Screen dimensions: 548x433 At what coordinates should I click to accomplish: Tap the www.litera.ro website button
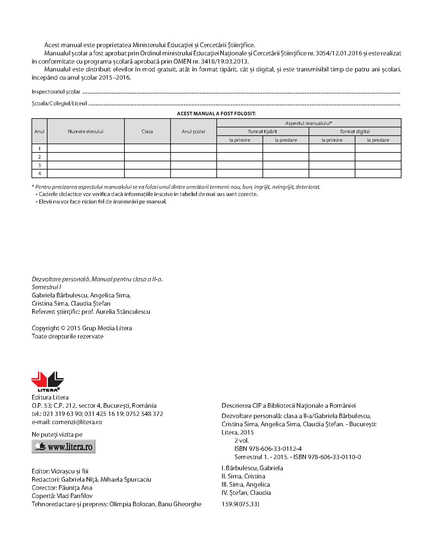point(64,446)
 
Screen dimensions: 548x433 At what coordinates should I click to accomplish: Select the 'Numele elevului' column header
point(85,131)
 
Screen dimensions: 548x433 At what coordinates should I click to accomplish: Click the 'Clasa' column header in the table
point(147,131)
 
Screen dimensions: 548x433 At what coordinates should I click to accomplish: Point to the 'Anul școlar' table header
point(193,131)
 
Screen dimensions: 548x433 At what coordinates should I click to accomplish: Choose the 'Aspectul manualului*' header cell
point(309,123)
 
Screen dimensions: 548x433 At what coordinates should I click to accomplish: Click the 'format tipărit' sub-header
point(262,131)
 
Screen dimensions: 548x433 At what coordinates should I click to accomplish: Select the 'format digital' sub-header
point(355,131)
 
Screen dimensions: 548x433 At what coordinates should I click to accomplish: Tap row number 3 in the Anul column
point(39,165)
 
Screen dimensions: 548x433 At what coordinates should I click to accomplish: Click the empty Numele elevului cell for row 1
point(85,149)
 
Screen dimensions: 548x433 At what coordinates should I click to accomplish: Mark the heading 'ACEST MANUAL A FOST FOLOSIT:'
point(216,114)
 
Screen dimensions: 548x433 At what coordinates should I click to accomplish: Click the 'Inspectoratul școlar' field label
point(56,92)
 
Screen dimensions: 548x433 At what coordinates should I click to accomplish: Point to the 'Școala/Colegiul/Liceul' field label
point(59,104)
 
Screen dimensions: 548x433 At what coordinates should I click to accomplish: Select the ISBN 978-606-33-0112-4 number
point(268,449)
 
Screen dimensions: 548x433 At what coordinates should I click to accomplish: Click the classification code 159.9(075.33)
point(240,504)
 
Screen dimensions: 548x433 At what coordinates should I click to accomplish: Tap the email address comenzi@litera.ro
point(77,422)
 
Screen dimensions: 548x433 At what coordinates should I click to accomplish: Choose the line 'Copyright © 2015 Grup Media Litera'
point(82,328)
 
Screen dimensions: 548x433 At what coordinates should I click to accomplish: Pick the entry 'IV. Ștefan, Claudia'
point(246,493)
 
